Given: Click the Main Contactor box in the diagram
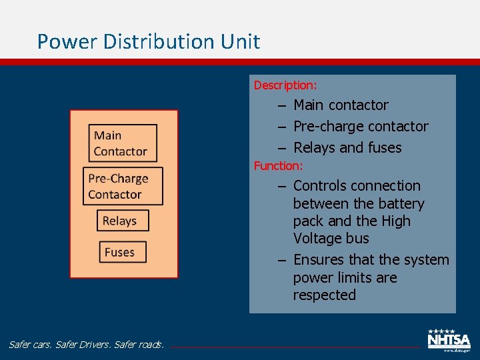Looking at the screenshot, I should click(x=123, y=143).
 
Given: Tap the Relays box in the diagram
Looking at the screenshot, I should click(x=120, y=221).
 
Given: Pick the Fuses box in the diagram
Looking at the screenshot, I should click(x=119, y=253).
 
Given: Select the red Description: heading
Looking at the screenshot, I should click(x=285, y=85).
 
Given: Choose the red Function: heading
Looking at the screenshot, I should click(x=278, y=165).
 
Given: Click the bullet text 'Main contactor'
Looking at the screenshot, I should click(x=341, y=105).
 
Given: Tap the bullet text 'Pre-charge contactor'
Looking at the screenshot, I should click(x=361, y=127).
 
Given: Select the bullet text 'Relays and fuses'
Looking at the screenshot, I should click(x=347, y=148).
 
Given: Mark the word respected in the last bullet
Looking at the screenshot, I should click(x=325, y=295).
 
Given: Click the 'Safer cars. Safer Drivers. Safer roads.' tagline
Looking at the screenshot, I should click(x=86, y=345).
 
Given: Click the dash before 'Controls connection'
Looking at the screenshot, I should click(x=282, y=186).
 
